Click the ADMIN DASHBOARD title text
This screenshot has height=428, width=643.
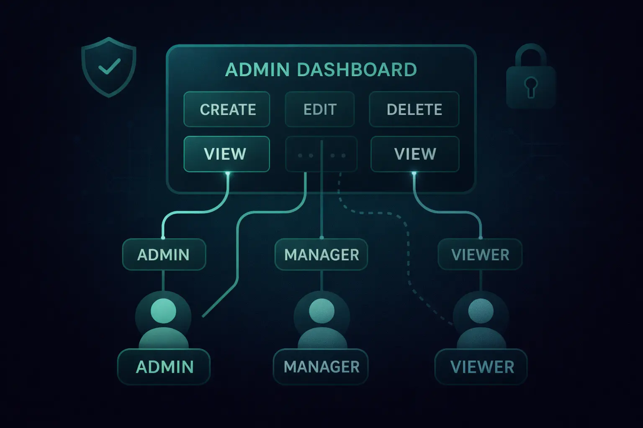(x=321, y=70)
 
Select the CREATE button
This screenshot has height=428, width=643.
(x=227, y=110)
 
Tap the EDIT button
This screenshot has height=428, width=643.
(x=320, y=110)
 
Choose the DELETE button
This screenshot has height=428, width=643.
(x=414, y=110)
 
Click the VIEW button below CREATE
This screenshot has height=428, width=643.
(x=226, y=154)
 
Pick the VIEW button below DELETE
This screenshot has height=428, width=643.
(x=415, y=154)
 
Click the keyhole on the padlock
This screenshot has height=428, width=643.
(x=531, y=86)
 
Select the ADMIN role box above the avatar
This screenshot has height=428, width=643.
(x=164, y=255)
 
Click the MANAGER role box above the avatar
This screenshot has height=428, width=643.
(x=321, y=255)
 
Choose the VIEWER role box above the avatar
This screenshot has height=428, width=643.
(x=480, y=255)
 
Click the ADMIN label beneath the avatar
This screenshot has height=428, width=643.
(x=164, y=367)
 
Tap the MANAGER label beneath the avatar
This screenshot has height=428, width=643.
(x=321, y=367)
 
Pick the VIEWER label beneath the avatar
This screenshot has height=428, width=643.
(x=481, y=367)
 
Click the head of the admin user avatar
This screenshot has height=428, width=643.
(x=163, y=311)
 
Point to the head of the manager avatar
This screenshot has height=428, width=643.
(x=321, y=311)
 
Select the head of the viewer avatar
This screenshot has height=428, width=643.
(x=481, y=311)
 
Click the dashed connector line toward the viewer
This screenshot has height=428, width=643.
(x=408, y=251)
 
